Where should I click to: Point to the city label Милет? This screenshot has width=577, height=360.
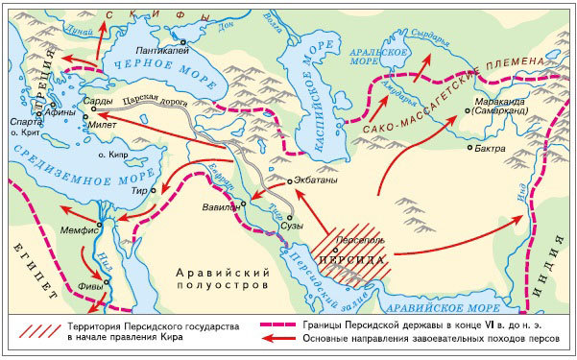104,124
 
